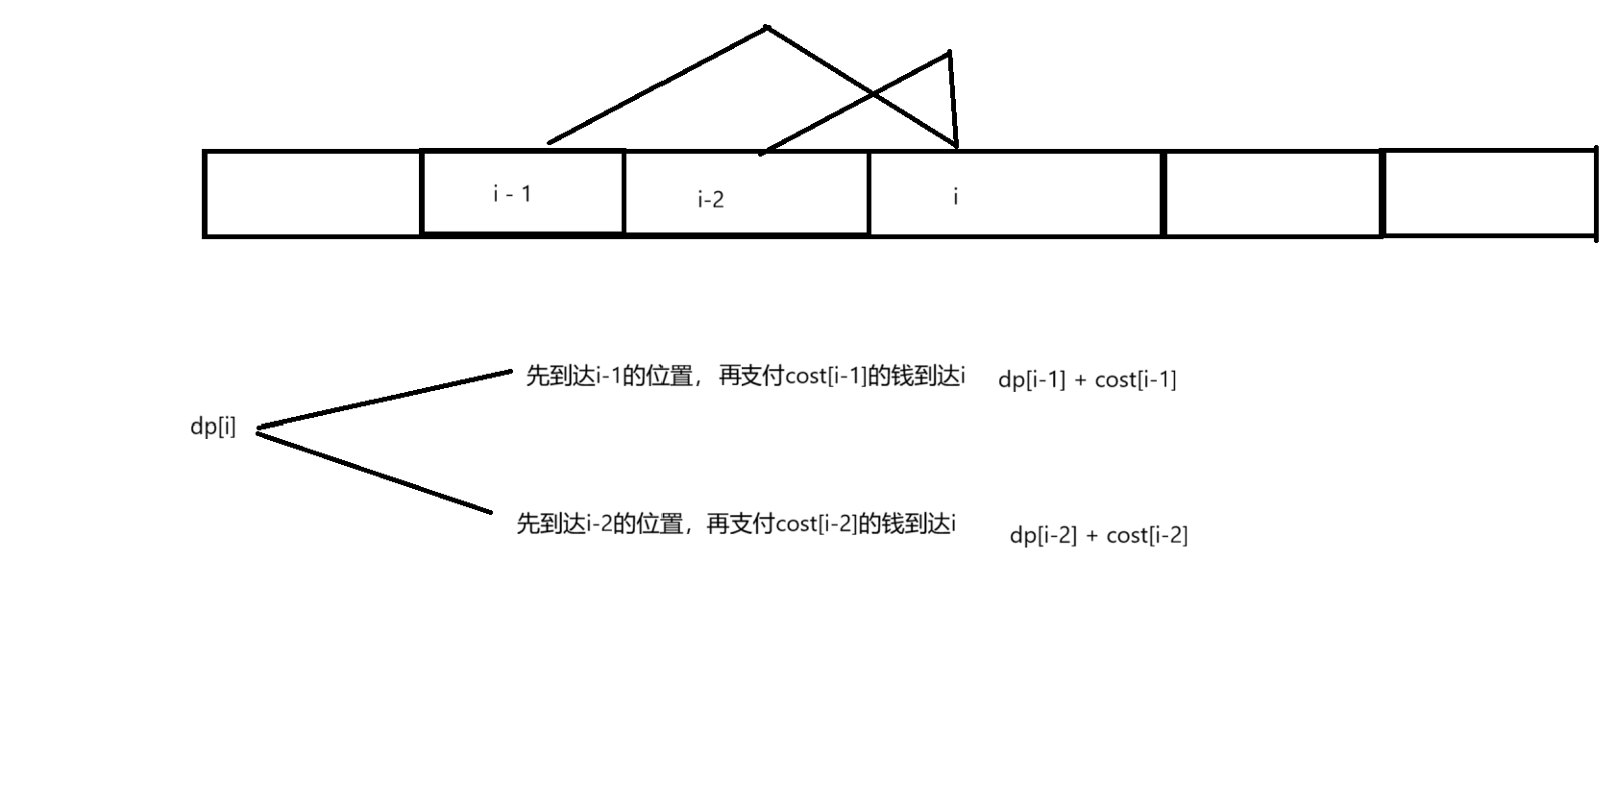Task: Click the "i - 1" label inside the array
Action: point(512,194)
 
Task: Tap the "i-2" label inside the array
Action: point(711,200)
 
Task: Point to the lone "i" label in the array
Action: point(955,197)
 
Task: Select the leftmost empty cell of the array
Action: point(312,193)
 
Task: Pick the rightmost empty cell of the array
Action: point(1488,193)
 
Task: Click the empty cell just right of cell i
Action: point(1272,193)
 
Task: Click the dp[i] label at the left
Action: point(212,427)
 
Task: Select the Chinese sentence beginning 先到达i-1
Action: point(746,377)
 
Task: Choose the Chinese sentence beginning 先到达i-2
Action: point(736,524)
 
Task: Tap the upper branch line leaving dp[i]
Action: point(384,399)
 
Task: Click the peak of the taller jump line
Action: point(767,27)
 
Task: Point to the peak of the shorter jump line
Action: point(949,53)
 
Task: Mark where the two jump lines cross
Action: point(873,93)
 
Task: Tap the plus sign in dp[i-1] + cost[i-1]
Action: point(1081,380)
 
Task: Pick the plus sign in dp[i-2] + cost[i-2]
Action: point(1092,536)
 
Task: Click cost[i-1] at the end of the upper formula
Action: point(1136,380)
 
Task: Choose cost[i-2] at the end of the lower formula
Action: point(1147,536)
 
